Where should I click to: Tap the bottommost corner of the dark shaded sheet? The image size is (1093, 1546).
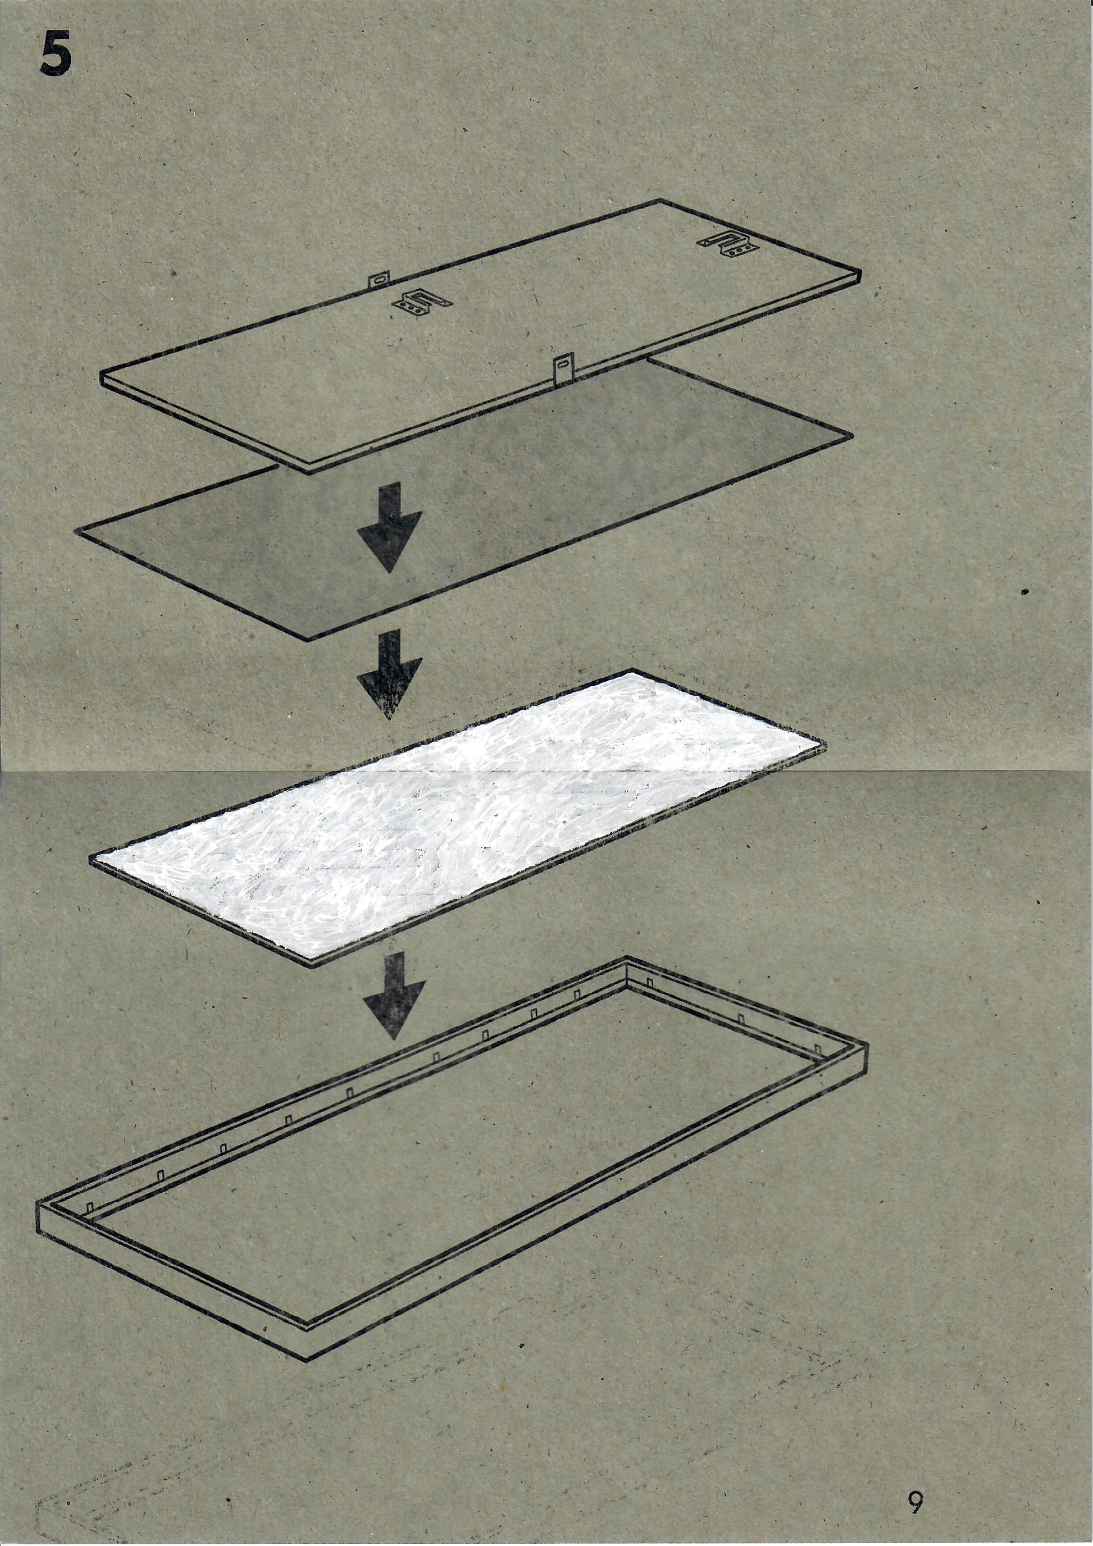(x=307, y=640)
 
